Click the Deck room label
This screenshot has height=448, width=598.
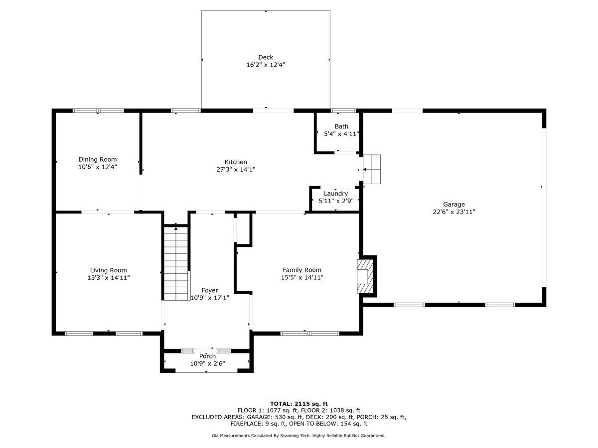[x=265, y=57]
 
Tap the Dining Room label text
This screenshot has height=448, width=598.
[x=98, y=159]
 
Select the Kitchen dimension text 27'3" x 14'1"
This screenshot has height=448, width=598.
[x=236, y=169]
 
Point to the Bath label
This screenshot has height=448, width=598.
[x=341, y=126]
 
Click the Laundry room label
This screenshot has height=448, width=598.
[x=336, y=194]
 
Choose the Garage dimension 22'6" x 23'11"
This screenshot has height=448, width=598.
[x=454, y=212]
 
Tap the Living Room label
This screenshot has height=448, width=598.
[x=109, y=270]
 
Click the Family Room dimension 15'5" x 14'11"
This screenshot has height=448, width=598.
[x=302, y=277]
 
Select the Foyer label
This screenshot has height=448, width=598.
[x=209, y=290]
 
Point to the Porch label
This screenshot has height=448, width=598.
[x=207, y=356]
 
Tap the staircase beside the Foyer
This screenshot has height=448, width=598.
[x=176, y=263]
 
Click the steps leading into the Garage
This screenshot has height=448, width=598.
[x=372, y=169]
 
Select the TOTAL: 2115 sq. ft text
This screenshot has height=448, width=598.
[x=299, y=404]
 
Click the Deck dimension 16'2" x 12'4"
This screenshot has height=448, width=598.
[x=266, y=65]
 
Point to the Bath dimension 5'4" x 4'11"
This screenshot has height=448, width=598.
[x=341, y=134]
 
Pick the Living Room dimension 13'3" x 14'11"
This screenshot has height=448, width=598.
[x=109, y=278]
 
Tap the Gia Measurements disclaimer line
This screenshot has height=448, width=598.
[x=299, y=436]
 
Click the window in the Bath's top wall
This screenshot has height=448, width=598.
[x=343, y=111]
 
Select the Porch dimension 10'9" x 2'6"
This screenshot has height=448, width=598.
[x=208, y=363]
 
